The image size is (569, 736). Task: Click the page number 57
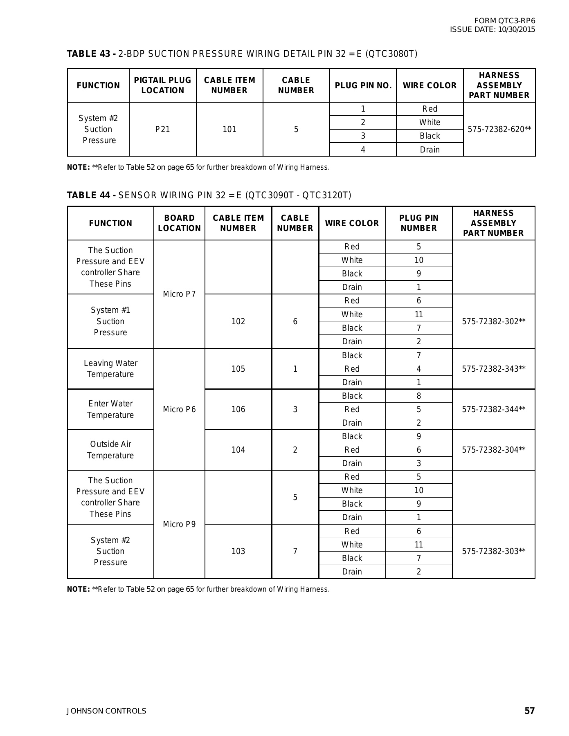pos(529,711)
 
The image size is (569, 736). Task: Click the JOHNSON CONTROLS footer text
pos(106,711)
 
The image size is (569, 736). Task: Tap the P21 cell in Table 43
pos(163,129)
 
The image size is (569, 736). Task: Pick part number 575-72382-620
pos(499,129)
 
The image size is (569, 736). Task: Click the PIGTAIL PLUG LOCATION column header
pos(163,85)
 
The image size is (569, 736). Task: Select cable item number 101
pos(229,129)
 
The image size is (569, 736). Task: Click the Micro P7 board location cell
pos(179,294)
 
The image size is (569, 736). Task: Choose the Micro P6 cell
pos(179,409)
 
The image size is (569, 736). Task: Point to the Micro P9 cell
pos(179,524)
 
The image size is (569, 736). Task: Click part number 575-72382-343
pos(493,369)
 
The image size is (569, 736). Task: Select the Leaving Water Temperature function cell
pos(110,369)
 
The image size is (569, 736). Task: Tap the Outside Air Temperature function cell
pos(110,450)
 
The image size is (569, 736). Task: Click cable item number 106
pos(238,409)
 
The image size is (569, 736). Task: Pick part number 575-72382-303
pos(493,551)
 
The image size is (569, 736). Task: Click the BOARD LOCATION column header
pos(179,223)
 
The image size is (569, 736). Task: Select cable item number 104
pos(238,450)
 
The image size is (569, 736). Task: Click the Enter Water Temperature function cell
pos(110,409)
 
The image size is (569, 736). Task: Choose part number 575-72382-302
pos(493,321)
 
